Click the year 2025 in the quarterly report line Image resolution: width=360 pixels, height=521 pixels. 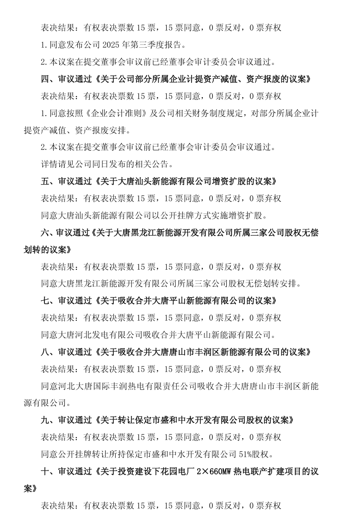click(x=126, y=45)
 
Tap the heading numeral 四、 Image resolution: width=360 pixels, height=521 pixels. click(x=48, y=79)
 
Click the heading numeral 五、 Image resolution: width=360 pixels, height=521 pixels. click(x=48, y=181)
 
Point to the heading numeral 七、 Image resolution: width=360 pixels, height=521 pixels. click(x=48, y=301)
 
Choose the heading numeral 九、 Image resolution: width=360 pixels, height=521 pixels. click(x=48, y=420)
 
